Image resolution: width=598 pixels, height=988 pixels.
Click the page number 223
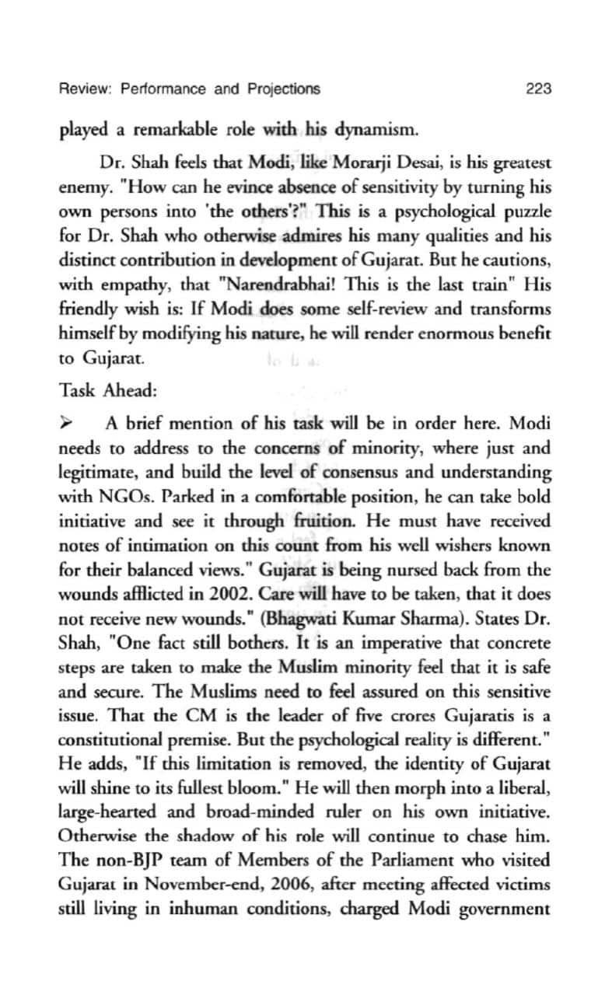pos(538,89)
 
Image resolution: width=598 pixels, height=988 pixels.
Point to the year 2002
pos(253,595)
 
